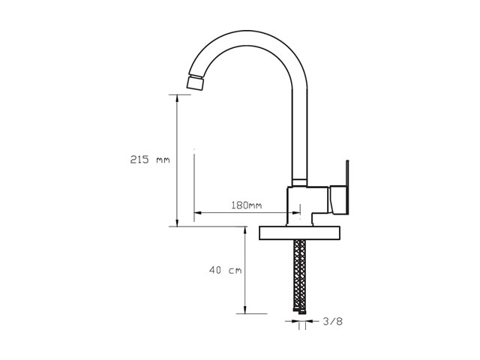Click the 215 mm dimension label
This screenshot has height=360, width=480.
point(150,160)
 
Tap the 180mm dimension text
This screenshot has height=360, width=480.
point(247,205)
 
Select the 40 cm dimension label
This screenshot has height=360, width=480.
point(225,270)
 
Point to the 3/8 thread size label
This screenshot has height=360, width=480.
point(332,322)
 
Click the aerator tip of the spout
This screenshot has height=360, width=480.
point(195,82)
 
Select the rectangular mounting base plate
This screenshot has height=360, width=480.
point(299,233)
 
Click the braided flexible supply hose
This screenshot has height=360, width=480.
point(299,275)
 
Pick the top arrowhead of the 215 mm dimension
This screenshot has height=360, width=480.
point(177,98)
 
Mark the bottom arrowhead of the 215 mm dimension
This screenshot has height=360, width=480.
point(177,223)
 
